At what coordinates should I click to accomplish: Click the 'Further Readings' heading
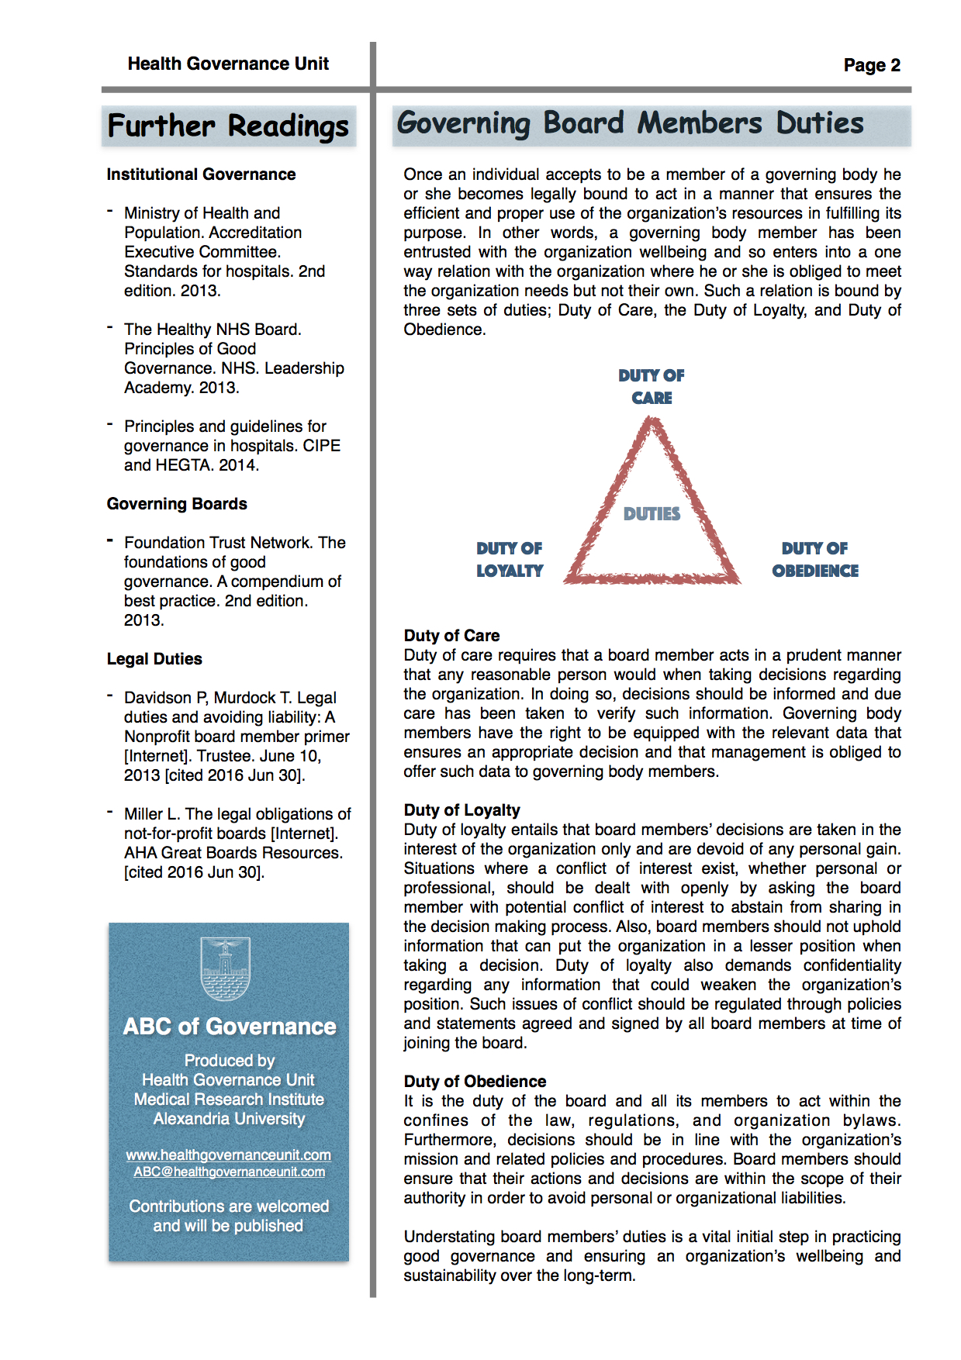pyautogui.click(x=228, y=126)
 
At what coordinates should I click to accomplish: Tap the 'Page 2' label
pyautogui.click(x=872, y=65)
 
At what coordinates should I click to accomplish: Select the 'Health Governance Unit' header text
pyautogui.click(x=228, y=64)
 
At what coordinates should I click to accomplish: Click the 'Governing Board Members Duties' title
pyautogui.click(x=630, y=123)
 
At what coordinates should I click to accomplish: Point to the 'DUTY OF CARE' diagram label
pyautogui.click(x=652, y=386)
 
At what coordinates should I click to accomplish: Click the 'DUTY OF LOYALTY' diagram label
pyautogui.click(x=510, y=559)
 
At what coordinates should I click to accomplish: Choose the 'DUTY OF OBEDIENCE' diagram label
pyautogui.click(x=815, y=559)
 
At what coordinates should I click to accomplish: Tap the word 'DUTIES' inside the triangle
pyautogui.click(x=652, y=514)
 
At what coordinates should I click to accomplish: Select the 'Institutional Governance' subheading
pyautogui.click(x=201, y=174)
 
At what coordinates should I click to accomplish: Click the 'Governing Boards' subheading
pyautogui.click(x=177, y=504)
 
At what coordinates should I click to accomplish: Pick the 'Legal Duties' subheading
pyautogui.click(x=154, y=659)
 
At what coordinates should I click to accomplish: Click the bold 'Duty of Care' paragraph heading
pyautogui.click(x=451, y=636)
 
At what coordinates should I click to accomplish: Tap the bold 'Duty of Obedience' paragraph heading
pyautogui.click(x=475, y=1082)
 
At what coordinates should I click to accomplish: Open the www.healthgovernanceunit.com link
pyautogui.click(x=229, y=1155)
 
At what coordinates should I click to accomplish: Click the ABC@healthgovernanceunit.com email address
pyautogui.click(x=229, y=1172)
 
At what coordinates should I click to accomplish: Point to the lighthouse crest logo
pyautogui.click(x=226, y=968)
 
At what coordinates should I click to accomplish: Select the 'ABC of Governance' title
pyautogui.click(x=230, y=1027)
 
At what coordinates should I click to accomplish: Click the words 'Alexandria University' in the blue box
pyautogui.click(x=229, y=1119)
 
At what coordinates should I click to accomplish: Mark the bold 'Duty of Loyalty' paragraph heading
pyautogui.click(x=461, y=810)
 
